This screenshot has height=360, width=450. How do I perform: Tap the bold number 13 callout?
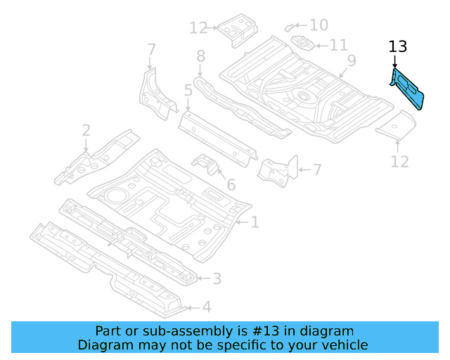click(397, 47)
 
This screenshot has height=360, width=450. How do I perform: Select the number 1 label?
click(255, 223)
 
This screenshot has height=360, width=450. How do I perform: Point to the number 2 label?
click(86, 130)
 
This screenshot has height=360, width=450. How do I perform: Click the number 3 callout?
click(217, 279)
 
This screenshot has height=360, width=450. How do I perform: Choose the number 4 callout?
click(206, 307)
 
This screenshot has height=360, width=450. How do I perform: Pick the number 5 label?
click(188, 90)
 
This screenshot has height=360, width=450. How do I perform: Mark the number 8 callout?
click(200, 56)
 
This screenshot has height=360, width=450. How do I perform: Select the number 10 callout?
click(319, 25)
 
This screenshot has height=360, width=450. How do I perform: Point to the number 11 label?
click(338, 45)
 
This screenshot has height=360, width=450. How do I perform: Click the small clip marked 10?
click(290, 27)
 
